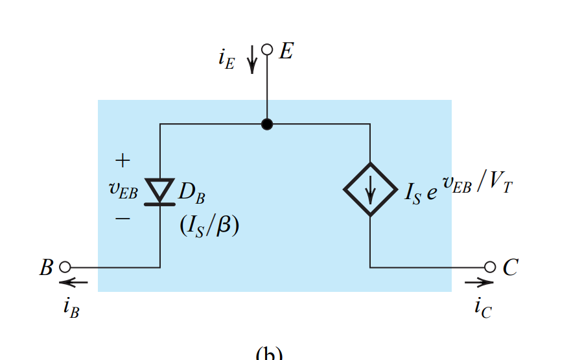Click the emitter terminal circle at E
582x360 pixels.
pyautogui.click(x=266, y=49)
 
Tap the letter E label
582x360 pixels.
pyautogui.click(x=286, y=51)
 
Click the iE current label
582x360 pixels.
pyautogui.click(x=226, y=59)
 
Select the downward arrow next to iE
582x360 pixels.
pyautogui.click(x=251, y=60)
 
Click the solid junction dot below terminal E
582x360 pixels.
pyautogui.click(x=266, y=124)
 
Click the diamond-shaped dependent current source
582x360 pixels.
pyautogui.click(x=370, y=189)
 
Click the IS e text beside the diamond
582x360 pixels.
pyautogui.click(x=420, y=193)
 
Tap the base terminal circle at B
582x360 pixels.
pyautogui.click(x=64, y=267)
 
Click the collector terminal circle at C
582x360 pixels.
pyautogui.click(x=490, y=267)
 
